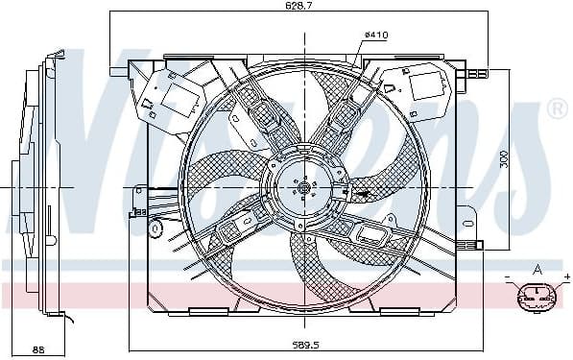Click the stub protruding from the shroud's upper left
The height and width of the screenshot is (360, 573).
[119, 70]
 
